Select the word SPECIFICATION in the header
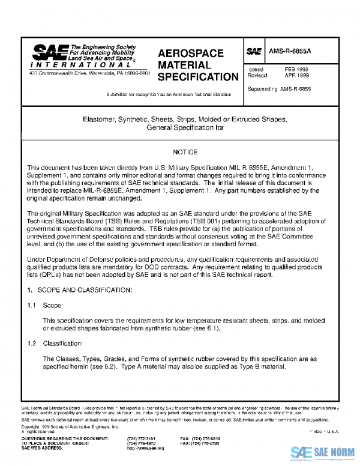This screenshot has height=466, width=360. pos(198,77)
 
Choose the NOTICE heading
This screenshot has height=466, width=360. pos(184,153)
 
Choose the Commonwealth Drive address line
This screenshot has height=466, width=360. pos(90,73)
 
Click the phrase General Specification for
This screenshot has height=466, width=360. pos(184,128)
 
